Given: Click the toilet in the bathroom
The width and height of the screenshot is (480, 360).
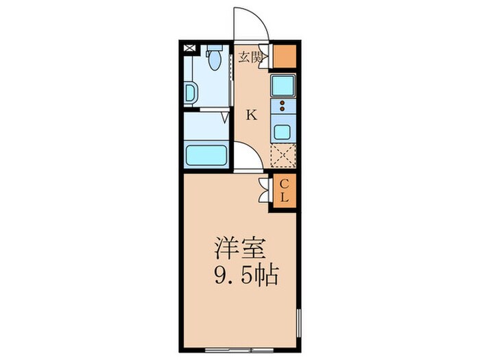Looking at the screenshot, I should click(214, 59).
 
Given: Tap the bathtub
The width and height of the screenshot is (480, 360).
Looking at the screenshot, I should click(207, 156).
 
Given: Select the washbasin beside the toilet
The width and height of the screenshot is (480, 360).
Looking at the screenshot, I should click(190, 92).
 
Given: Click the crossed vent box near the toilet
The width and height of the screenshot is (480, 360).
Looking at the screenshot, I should click(189, 49).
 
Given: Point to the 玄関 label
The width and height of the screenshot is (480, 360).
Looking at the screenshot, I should click(251, 57).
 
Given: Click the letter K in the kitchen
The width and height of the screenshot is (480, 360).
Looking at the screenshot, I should click(252, 115).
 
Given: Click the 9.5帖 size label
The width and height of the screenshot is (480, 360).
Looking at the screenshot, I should click(246, 276).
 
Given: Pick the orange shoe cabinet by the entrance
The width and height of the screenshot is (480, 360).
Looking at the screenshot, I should click(285, 56).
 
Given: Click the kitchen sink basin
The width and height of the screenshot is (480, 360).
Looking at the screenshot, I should click(283, 86).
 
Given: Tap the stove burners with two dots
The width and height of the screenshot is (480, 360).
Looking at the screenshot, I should click(283, 107).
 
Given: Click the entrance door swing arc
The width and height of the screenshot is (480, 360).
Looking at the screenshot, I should click(250, 24).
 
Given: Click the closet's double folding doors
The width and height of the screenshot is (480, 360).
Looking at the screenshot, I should click(264, 190).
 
